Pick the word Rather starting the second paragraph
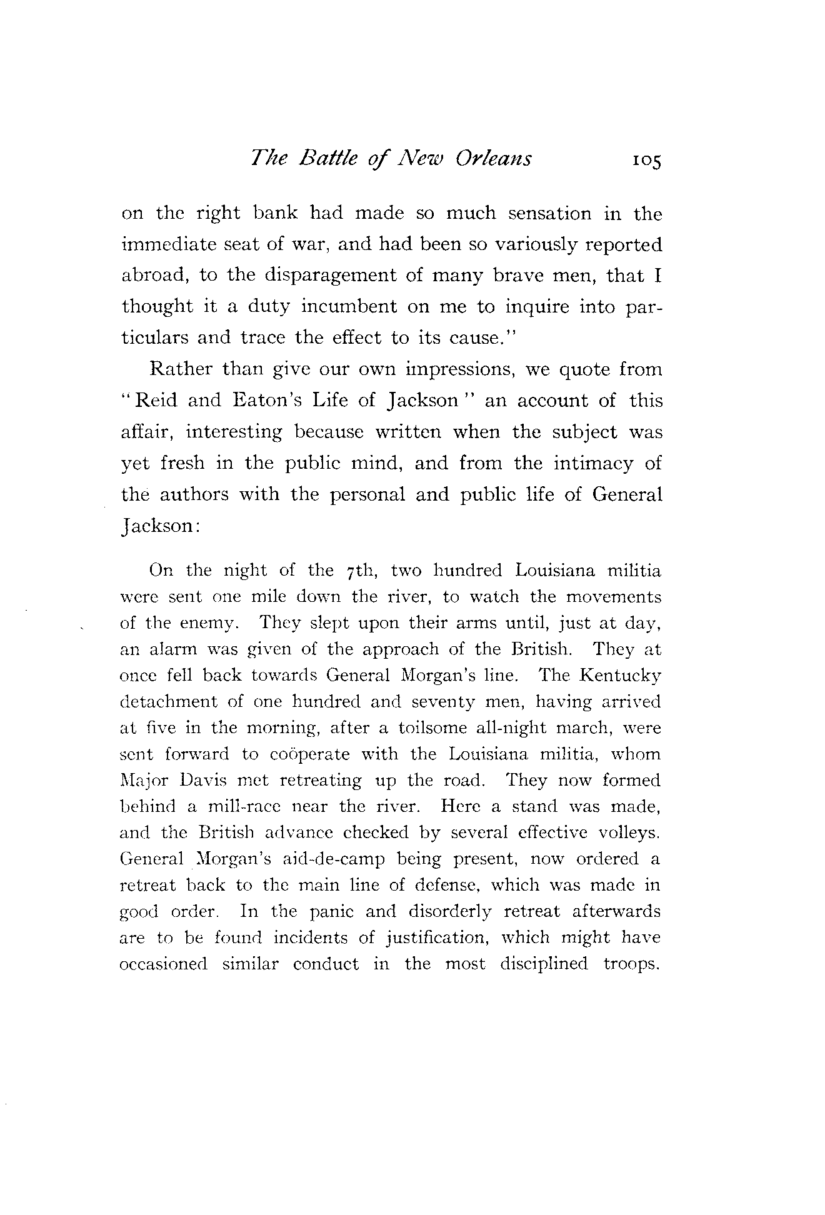coord(181,369)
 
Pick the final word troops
coord(632,964)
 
